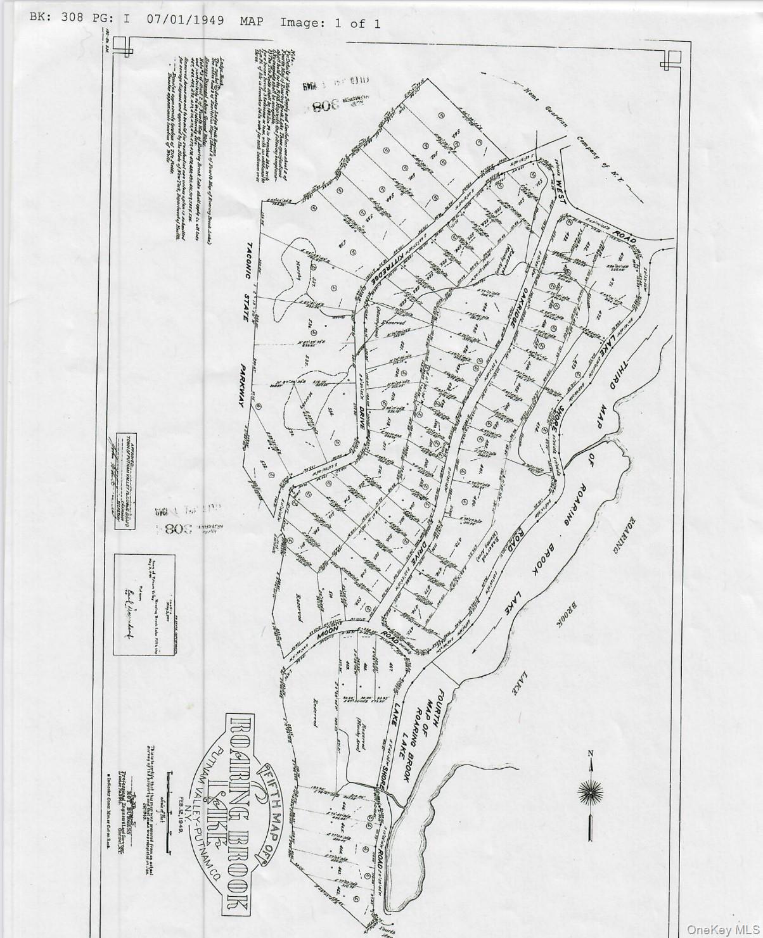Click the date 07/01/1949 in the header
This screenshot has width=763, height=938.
click(x=185, y=20)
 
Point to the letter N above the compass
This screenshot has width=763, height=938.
click(x=591, y=752)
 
